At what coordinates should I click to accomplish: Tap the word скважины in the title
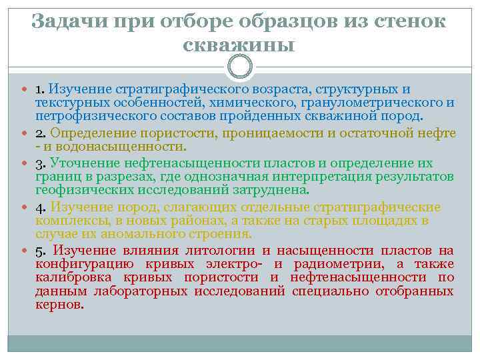click(x=239, y=45)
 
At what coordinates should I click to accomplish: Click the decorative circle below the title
click(x=239, y=67)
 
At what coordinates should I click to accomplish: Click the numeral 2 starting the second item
click(x=39, y=133)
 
